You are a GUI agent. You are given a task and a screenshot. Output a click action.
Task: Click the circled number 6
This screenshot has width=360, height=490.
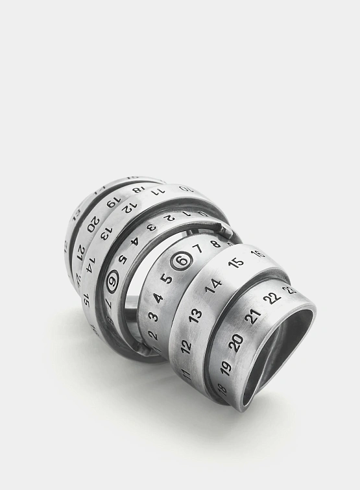click(182, 261)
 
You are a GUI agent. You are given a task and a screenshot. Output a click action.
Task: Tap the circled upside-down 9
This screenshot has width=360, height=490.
click(113, 281)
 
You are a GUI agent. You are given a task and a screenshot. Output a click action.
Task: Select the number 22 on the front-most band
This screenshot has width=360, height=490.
click(272, 298)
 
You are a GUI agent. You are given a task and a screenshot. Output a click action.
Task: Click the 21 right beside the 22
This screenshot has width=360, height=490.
click(253, 316)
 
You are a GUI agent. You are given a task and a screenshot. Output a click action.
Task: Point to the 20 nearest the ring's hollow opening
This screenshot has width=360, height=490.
click(236, 342)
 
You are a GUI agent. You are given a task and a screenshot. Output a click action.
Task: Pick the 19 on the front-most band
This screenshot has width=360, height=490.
click(226, 367)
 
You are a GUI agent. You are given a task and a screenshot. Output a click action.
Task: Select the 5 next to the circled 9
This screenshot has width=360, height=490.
click(123, 260)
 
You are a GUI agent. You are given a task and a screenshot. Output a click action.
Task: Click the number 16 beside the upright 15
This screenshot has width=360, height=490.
click(258, 254)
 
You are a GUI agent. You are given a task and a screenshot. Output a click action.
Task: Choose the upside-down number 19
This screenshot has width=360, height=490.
click(112, 202)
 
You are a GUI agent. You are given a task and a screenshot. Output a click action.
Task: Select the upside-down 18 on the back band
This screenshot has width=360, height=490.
click(138, 190)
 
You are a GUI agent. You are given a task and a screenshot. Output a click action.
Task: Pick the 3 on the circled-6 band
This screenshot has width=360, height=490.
click(152, 317)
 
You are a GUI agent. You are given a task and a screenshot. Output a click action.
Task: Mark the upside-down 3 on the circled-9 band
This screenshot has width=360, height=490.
click(150, 227)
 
